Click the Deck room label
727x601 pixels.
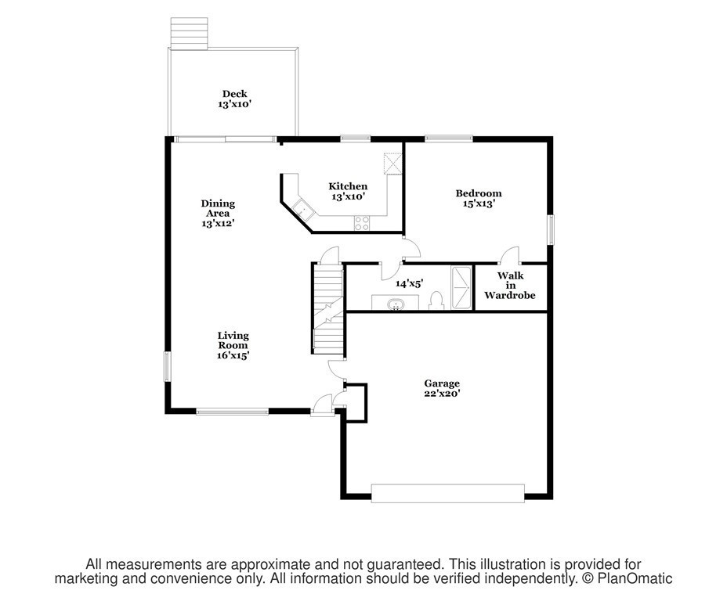pyautogui.click(x=234, y=94)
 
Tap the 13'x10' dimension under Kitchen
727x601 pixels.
pyautogui.click(x=348, y=197)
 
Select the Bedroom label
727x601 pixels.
pyautogui.click(x=479, y=193)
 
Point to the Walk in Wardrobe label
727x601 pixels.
pyautogui.click(x=509, y=286)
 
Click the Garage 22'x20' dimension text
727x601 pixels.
pyautogui.click(x=442, y=394)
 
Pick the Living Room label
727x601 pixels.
pyautogui.click(x=233, y=340)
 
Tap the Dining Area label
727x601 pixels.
pyautogui.click(x=218, y=208)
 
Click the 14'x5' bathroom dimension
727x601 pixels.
pyautogui.click(x=409, y=284)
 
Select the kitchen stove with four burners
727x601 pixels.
pyautogui.click(x=363, y=222)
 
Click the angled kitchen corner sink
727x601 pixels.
pyautogui.click(x=301, y=209)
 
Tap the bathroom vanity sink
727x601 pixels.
pyautogui.click(x=397, y=304)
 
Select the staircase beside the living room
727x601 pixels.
pyautogui.click(x=327, y=308)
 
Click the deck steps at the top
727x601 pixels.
pyautogui.click(x=190, y=34)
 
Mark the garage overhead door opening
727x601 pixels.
pyautogui.click(x=447, y=492)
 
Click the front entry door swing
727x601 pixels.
pyautogui.click(x=322, y=404)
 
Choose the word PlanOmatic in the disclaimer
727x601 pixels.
pyautogui.click(x=637, y=579)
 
